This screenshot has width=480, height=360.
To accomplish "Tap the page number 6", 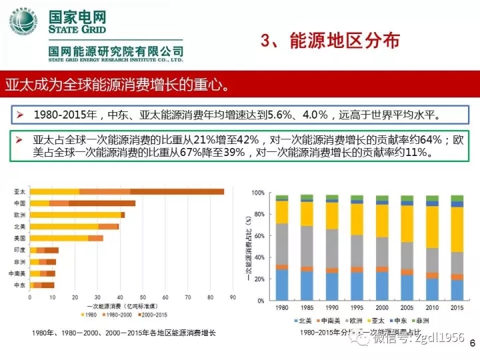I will coord(472,343).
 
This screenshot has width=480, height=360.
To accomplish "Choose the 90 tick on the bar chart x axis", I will coord(231,297).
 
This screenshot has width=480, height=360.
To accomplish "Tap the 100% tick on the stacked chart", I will coord(259,193).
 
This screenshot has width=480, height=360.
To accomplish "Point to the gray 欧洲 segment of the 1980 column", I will coord(282,244).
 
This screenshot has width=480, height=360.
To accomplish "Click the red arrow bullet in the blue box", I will coord(21,114).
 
